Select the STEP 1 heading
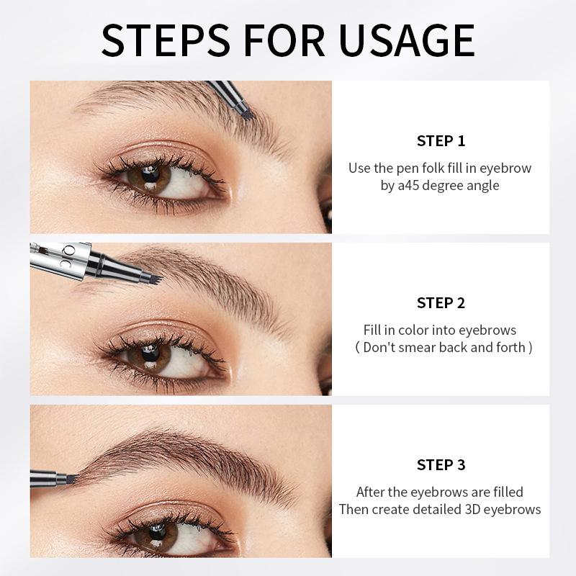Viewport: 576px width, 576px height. [441, 140]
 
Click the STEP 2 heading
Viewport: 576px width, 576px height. [441, 302]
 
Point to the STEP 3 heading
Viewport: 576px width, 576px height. [441, 465]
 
